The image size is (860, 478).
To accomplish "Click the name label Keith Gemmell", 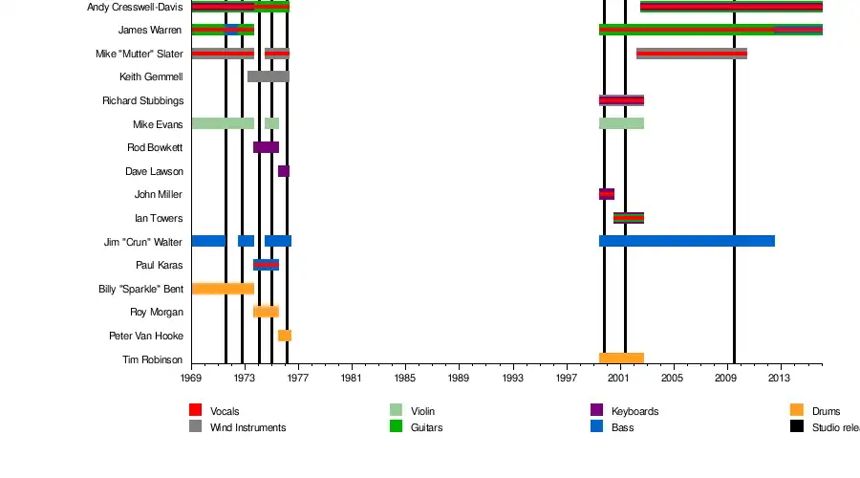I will [151, 76].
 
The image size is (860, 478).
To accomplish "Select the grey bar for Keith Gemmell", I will [268, 76].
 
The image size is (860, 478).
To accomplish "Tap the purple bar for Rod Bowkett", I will [266, 147].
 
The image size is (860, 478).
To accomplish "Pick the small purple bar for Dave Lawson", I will [284, 171].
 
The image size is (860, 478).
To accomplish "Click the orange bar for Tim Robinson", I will [621, 358].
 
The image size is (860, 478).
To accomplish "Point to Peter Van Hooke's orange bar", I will [285, 336].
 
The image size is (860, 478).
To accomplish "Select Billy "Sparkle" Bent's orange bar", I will [223, 289].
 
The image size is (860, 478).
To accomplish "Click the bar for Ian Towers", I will [629, 218].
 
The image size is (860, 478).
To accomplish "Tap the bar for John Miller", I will [607, 194].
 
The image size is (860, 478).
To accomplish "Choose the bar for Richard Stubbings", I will [621, 100].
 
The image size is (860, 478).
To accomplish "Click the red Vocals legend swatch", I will [196, 411].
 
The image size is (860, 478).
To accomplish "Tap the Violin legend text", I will [423, 412].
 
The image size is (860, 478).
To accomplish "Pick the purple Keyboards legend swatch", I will [597, 411].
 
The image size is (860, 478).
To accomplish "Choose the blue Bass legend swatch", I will [597, 427].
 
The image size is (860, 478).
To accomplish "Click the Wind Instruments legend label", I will [247, 428].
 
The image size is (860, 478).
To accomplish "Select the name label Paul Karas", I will [159, 265].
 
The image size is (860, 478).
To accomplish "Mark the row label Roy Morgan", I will [157, 312].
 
